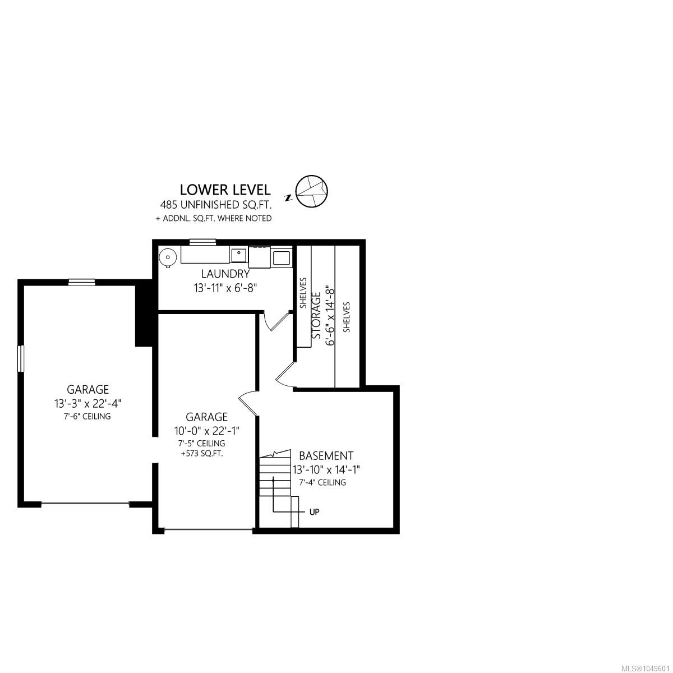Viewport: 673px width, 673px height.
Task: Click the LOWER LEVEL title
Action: (225, 190)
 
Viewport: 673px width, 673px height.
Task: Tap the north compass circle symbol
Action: (311, 191)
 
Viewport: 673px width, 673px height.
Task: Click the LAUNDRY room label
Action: (225, 274)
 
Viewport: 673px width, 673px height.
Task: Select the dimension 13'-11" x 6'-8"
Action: (225, 288)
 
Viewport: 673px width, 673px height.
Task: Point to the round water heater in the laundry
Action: (168, 257)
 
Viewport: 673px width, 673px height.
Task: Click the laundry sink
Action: (239, 255)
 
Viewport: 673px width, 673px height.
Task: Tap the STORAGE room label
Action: (316, 315)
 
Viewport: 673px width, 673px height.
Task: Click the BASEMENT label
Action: (326, 456)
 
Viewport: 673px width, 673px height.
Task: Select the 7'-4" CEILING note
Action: (322, 482)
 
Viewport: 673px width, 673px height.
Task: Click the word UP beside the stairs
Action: (314, 512)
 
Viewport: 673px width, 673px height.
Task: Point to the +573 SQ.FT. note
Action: (201, 454)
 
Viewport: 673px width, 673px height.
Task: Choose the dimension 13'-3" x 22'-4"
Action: (87, 403)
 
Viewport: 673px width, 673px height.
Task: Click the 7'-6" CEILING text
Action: (87, 416)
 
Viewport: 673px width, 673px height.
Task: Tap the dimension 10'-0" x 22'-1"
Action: (207, 431)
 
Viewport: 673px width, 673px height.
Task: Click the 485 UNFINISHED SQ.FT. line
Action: (216, 204)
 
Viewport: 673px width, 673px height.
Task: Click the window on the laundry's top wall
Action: (202, 241)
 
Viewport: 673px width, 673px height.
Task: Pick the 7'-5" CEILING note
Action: (201, 443)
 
